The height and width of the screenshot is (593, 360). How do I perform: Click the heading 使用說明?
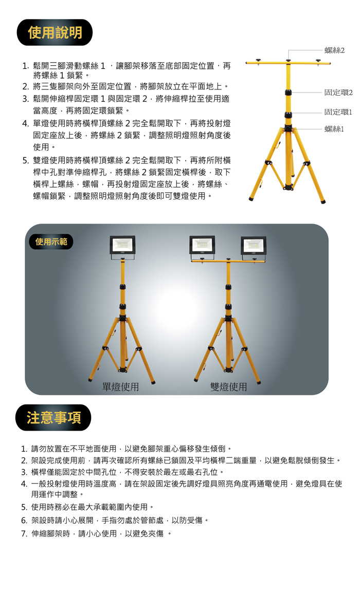[55, 32]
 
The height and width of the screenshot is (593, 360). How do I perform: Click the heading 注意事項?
[54, 418]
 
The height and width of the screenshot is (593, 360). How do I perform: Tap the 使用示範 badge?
[51, 242]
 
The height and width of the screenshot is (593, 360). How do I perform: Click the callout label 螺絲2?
[334, 50]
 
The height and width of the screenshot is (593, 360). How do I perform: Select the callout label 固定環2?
[338, 92]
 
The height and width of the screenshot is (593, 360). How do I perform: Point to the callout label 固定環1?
[338, 112]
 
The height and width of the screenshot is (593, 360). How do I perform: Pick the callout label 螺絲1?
[334, 129]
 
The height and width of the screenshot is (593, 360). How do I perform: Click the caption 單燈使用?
[121, 386]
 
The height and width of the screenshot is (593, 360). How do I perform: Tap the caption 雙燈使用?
[229, 386]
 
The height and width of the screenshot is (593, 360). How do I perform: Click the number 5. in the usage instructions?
[25, 160]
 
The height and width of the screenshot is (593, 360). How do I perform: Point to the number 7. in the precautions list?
[24, 533]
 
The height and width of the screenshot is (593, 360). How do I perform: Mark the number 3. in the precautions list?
[24, 472]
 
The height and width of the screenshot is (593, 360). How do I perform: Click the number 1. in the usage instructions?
[25, 66]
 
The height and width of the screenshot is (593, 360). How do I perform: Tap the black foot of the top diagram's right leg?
[323, 202]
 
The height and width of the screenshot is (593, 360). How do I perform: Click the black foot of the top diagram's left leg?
[250, 199]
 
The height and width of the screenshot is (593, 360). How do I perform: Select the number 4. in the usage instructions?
[25, 123]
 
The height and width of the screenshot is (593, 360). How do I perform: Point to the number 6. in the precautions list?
[24, 521]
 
